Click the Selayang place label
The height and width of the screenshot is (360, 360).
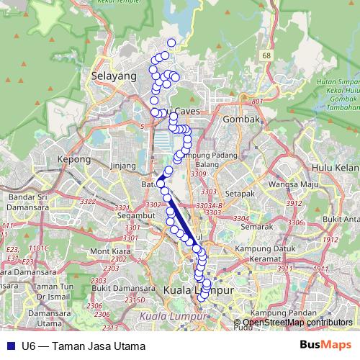(x=114, y=75)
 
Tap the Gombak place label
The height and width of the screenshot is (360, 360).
(x=240, y=119)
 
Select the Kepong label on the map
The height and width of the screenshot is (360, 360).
(x=75, y=159)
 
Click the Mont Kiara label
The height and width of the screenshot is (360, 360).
(x=107, y=251)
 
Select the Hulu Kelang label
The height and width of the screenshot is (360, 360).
(x=334, y=167)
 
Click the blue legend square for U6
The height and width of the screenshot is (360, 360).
(x=10, y=346)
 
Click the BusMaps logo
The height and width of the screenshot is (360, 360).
(x=325, y=346)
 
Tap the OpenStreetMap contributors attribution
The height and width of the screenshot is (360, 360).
(x=296, y=323)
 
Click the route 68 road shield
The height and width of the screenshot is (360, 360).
(x=267, y=55)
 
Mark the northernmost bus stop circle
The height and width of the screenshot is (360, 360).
(x=171, y=42)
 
